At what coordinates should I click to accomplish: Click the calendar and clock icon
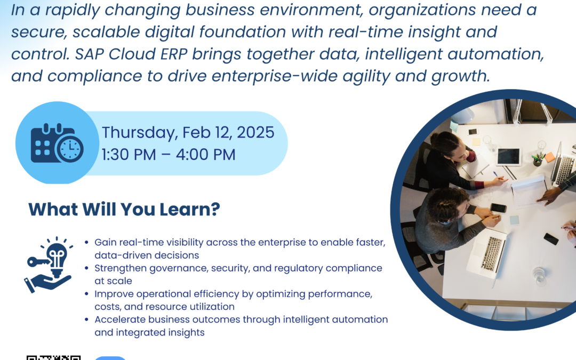tap(57, 143)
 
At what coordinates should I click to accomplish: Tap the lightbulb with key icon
tap(49, 265)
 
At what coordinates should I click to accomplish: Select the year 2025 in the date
tap(255, 132)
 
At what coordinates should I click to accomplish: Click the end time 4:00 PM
tap(206, 155)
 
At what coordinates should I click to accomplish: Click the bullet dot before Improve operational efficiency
tap(86, 294)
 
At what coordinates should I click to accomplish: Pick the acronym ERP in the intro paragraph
tap(174, 54)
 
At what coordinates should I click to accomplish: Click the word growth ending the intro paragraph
tap(460, 76)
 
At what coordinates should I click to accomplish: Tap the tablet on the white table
tap(509, 157)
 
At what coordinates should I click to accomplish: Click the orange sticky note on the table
tap(549, 157)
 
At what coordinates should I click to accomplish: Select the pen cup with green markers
tap(538, 159)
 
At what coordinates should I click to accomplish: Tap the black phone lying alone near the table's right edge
tap(551, 239)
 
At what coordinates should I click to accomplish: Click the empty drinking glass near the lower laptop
tap(539, 276)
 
